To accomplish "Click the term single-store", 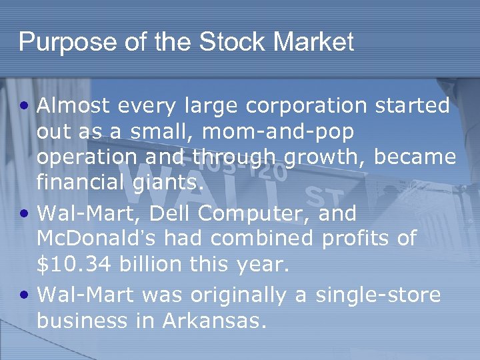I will (x=377, y=295).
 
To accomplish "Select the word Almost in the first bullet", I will (x=71, y=106).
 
